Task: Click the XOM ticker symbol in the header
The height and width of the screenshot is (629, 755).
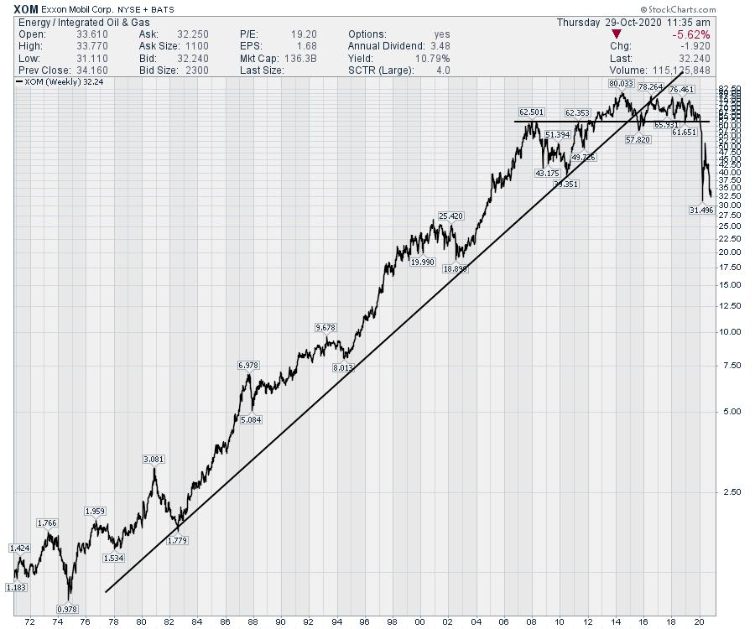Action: tap(26, 8)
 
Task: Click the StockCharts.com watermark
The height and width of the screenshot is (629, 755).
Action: tap(674, 8)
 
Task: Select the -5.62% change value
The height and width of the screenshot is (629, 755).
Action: tap(692, 34)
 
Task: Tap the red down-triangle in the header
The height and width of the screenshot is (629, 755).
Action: tap(617, 34)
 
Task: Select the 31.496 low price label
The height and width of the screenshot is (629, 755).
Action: tap(700, 211)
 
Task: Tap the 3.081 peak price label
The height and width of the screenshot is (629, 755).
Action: tap(154, 459)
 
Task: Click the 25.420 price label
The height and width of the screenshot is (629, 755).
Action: tap(450, 216)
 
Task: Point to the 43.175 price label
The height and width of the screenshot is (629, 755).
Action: tap(547, 173)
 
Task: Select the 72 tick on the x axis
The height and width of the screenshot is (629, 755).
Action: tap(31, 622)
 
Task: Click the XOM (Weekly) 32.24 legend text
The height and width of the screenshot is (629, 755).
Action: tap(56, 83)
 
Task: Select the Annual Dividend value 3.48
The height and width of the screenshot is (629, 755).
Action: tap(435, 46)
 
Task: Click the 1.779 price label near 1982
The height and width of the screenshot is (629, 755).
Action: tap(177, 541)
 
